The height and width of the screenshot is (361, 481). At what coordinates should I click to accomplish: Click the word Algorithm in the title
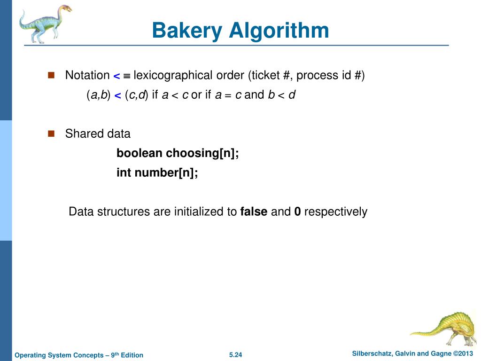point(279,31)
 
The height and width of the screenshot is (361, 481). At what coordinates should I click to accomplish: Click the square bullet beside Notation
point(52,75)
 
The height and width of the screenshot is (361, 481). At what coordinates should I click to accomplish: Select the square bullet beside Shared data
point(52,133)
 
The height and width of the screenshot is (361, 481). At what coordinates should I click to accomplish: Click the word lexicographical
point(173,75)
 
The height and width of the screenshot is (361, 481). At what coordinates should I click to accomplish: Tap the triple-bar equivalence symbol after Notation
point(127,76)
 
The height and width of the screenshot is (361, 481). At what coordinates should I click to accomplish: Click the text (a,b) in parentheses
point(98,95)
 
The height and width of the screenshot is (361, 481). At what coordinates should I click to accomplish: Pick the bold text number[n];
point(166,173)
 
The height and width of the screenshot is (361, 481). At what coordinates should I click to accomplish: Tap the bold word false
point(254,212)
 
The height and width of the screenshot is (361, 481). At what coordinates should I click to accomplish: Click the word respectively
point(335,212)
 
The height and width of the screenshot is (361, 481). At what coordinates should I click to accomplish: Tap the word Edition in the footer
point(132,355)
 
